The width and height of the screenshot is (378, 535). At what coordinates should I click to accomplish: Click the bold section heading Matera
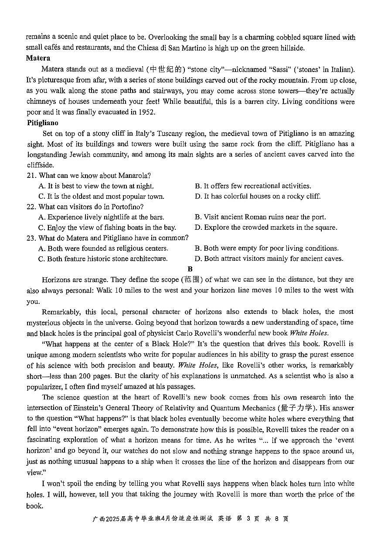tap(38, 58)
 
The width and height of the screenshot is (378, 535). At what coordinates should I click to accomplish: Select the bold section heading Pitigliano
tap(42, 123)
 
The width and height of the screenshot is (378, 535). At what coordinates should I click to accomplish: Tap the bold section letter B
tap(190, 269)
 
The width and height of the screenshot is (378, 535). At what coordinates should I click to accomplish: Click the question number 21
tap(31, 175)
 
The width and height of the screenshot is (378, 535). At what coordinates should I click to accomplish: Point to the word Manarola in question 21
tap(133, 175)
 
